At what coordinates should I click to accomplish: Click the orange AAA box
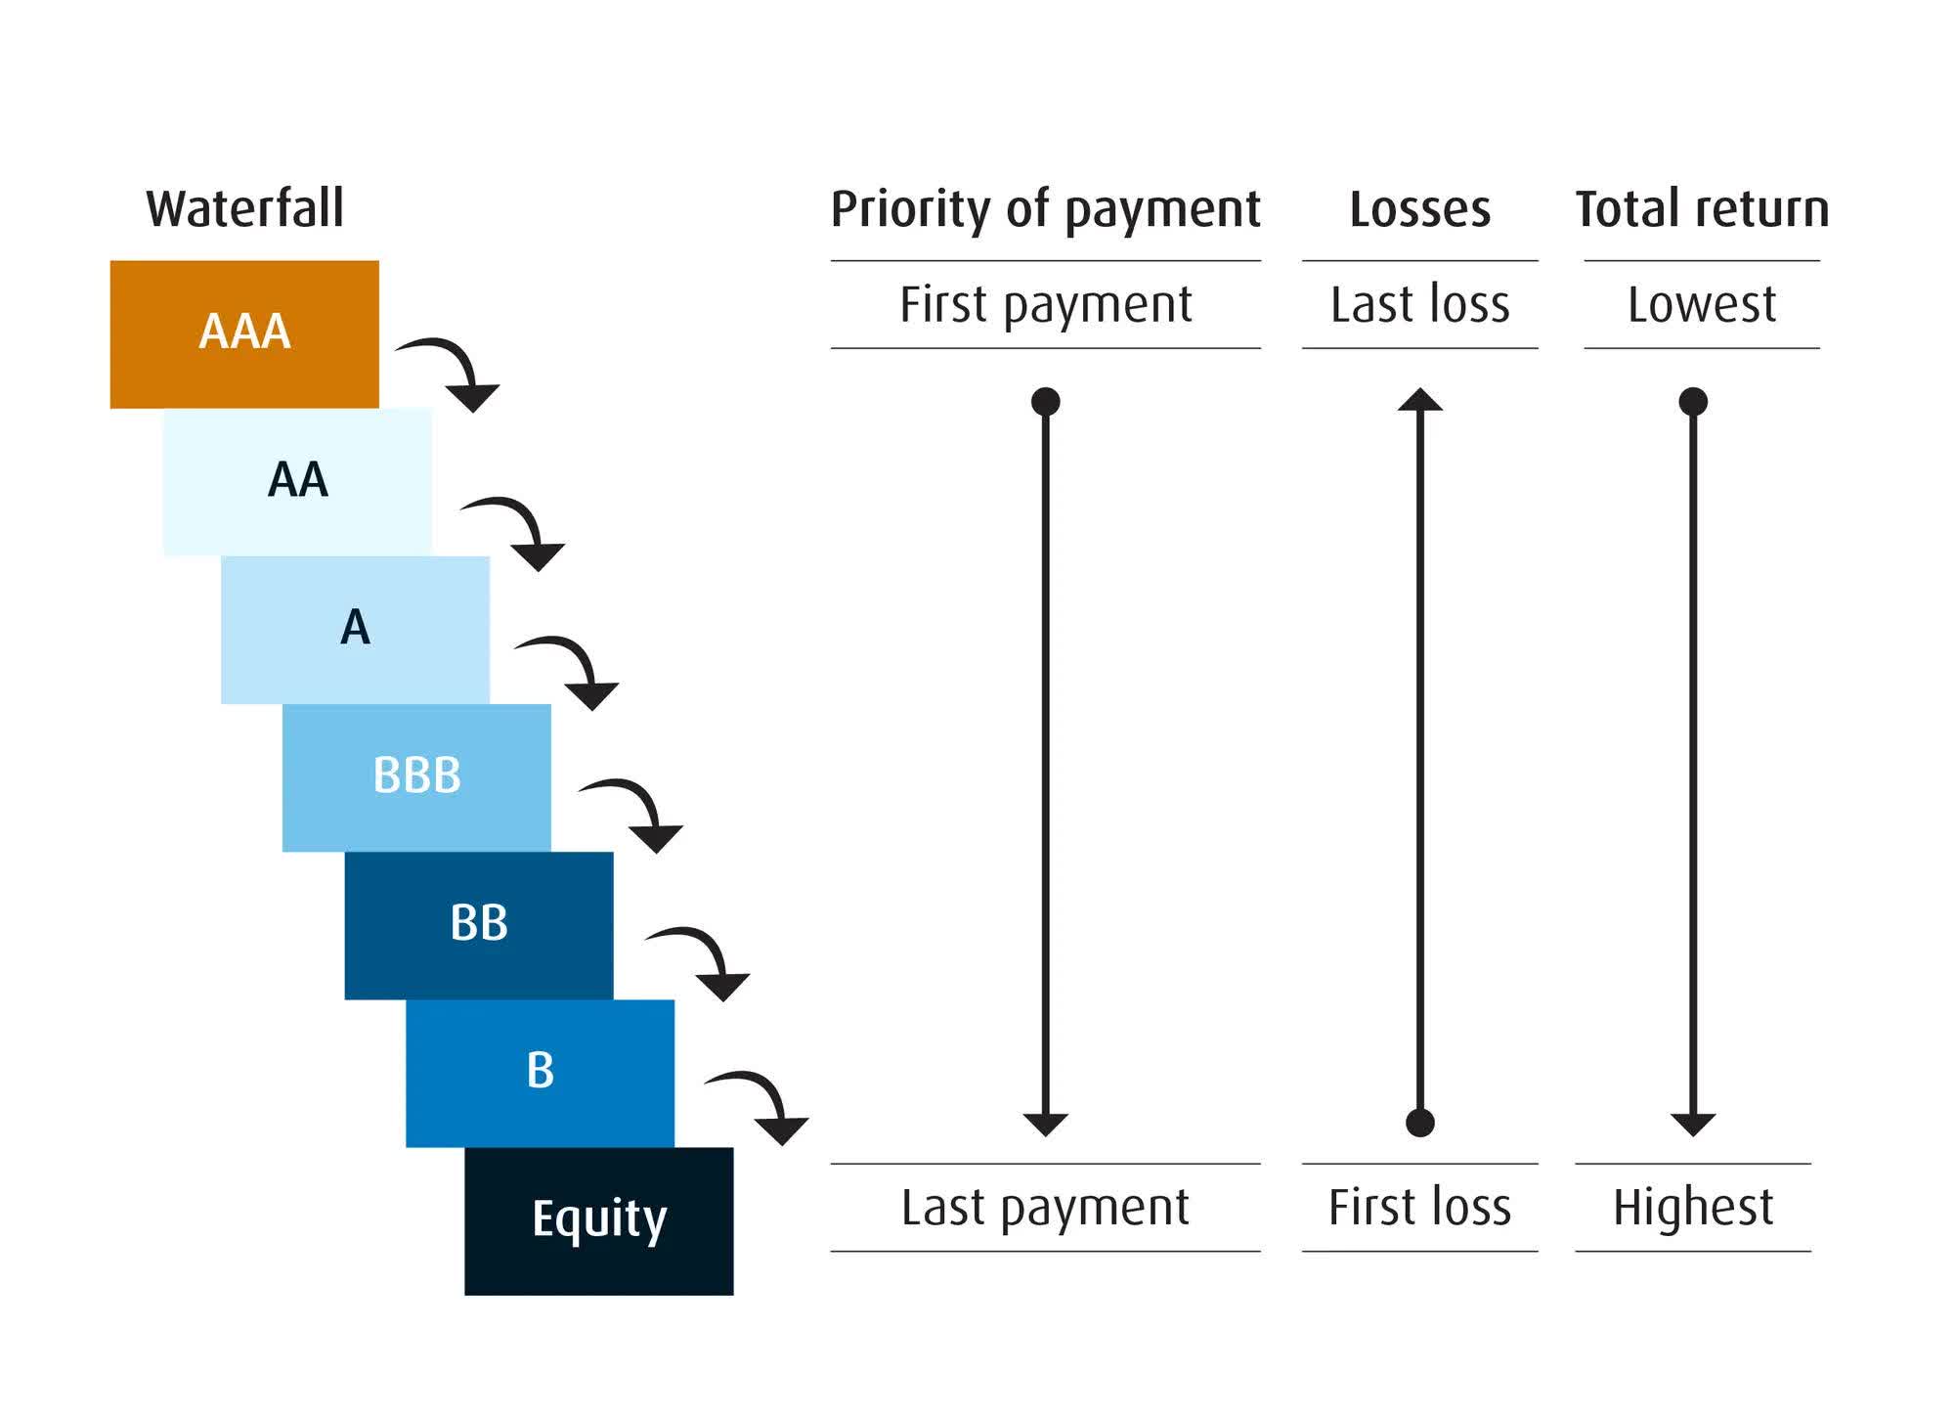point(244,333)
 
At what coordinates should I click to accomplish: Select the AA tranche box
point(297,481)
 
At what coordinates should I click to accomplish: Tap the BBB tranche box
point(416,776)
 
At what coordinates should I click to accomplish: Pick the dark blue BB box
point(479,925)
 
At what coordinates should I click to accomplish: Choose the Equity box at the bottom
point(598,1220)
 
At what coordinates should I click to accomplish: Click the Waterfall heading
point(244,208)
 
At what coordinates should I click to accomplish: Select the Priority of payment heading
point(1045,209)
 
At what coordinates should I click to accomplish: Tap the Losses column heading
point(1419,209)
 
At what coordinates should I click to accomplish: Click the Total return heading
point(1702,209)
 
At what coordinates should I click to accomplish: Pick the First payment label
point(1045,304)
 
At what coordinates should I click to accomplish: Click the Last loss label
point(1419,304)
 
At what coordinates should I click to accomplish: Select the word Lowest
point(1702,304)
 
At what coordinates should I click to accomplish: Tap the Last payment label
point(1045,1207)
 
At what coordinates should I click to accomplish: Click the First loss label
point(1419,1207)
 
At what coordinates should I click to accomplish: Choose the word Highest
point(1693,1207)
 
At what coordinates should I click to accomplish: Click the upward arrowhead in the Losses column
point(1419,399)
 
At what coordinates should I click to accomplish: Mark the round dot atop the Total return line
point(1693,401)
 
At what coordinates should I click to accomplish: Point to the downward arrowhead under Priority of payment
point(1045,1124)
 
